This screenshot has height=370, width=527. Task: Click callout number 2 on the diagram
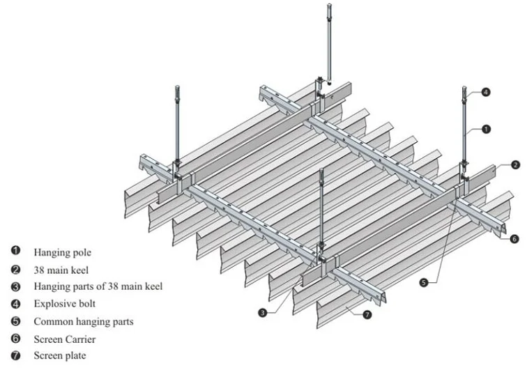(514, 165)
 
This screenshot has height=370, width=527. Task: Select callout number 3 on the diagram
(263, 313)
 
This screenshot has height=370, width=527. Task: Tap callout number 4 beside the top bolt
(485, 91)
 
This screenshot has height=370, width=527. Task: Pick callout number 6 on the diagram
(514, 239)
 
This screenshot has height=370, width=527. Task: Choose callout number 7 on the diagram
(367, 315)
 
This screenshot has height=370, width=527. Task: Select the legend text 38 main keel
(62, 268)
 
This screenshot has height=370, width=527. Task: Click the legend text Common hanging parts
(83, 322)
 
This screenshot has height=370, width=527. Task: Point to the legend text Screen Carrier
(64, 339)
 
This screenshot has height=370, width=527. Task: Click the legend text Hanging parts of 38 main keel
(98, 286)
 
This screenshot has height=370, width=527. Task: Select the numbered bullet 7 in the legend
(15, 357)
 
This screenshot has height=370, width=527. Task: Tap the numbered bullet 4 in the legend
(15, 304)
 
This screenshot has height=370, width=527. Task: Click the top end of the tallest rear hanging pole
(329, 6)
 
